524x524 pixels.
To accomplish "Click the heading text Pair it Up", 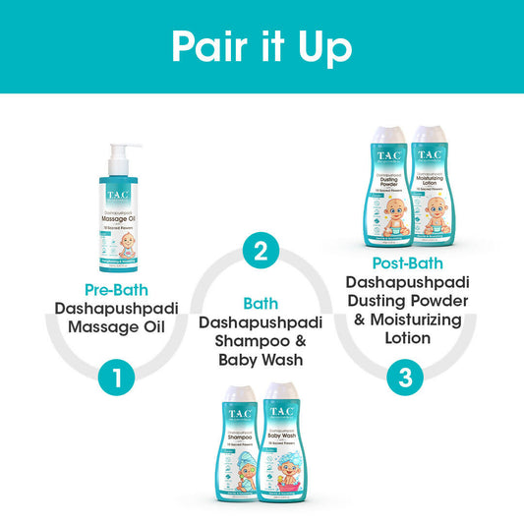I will click(262, 45).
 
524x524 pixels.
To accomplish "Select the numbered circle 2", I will click(261, 251).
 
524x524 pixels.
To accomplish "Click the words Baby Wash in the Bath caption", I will click(262, 361).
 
